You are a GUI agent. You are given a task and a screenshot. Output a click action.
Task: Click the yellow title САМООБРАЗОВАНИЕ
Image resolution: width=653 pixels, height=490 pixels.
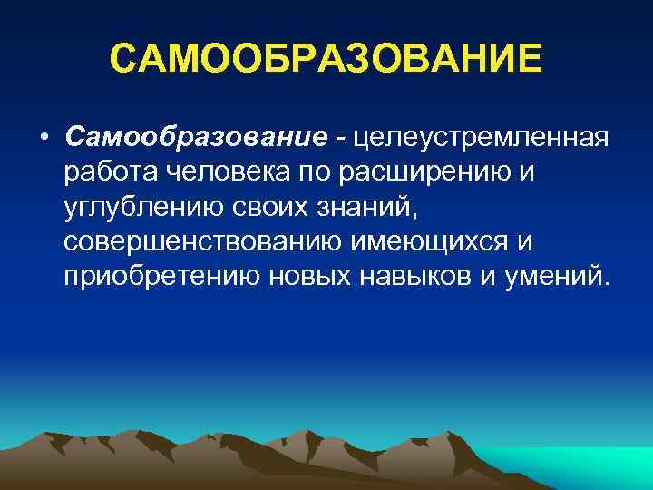(x=326, y=61)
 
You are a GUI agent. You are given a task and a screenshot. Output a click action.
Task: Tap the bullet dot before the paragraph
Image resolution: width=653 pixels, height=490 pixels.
(x=44, y=138)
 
